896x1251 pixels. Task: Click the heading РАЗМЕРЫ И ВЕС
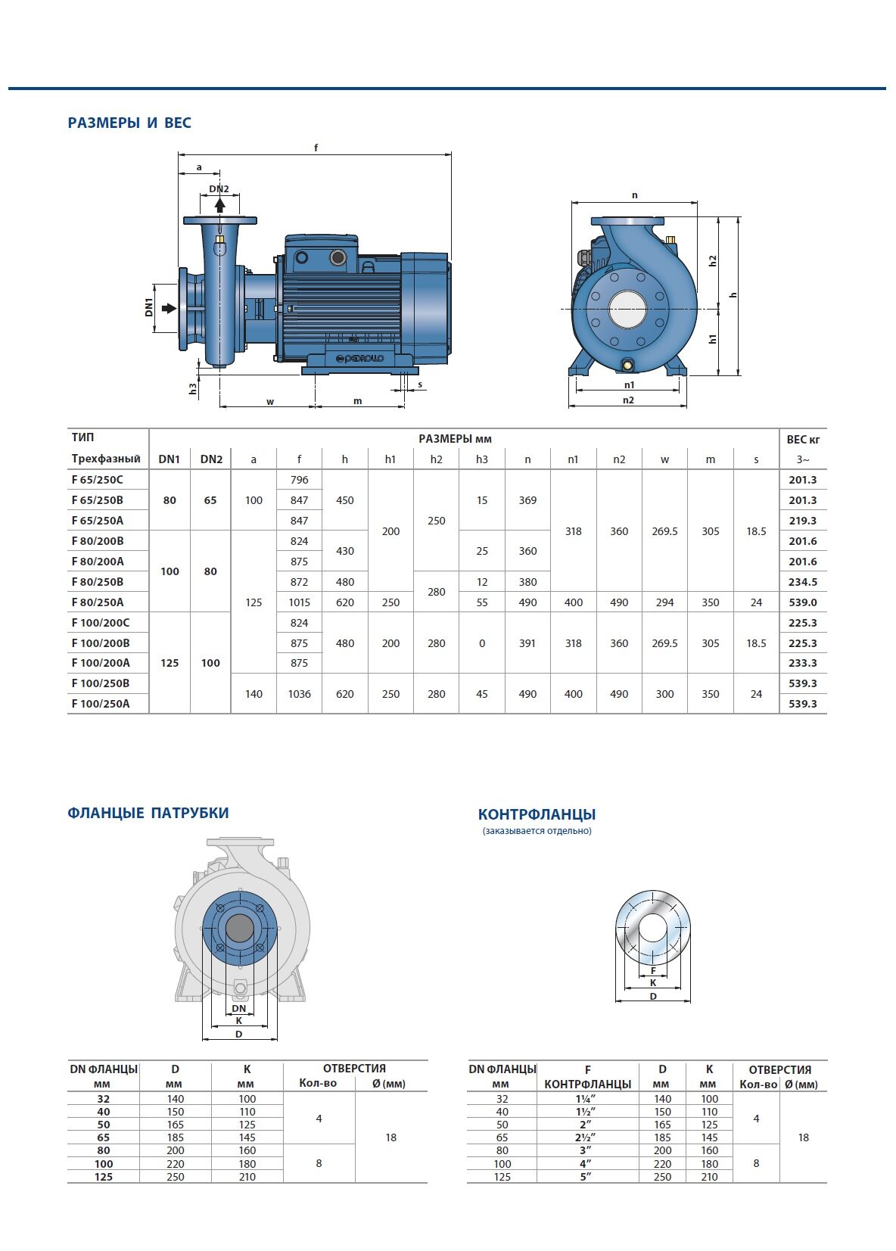pyautogui.click(x=129, y=123)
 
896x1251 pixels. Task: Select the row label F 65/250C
pyautogui.click(x=97, y=480)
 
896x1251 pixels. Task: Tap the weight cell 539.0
pyautogui.click(x=803, y=602)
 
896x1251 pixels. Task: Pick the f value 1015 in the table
pyautogui.click(x=300, y=602)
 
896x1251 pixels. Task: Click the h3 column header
pyautogui.click(x=481, y=459)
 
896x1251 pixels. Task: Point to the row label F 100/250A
pyautogui.click(x=101, y=704)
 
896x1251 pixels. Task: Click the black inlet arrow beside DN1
pyautogui.click(x=169, y=308)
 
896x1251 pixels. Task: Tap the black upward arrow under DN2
pyautogui.click(x=220, y=205)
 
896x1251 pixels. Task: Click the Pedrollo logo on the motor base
pyautogui.click(x=359, y=358)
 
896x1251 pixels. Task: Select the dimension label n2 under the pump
pyautogui.click(x=628, y=400)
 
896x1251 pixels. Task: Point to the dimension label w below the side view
pyautogui.click(x=270, y=402)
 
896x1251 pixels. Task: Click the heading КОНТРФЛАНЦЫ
pyautogui.click(x=537, y=814)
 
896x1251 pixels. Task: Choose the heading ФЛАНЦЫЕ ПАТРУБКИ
pyautogui.click(x=148, y=813)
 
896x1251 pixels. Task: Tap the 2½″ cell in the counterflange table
pyautogui.click(x=586, y=1137)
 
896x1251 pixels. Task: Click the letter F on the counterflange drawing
pyautogui.click(x=653, y=971)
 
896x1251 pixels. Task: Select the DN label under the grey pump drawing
pyautogui.click(x=238, y=1008)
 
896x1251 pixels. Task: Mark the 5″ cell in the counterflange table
pyautogui.click(x=586, y=1177)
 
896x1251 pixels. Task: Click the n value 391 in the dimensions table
pyautogui.click(x=527, y=643)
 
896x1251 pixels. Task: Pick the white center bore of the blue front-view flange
pyautogui.click(x=628, y=309)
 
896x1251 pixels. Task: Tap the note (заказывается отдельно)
pyautogui.click(x=537, y=830)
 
